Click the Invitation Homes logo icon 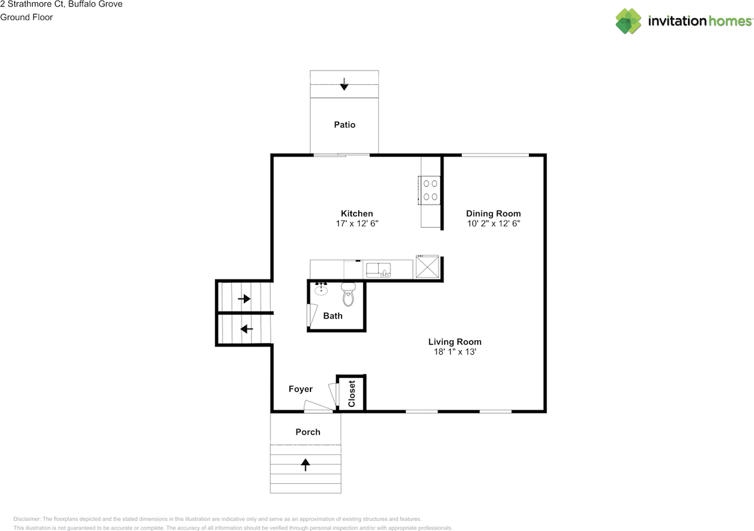tap(629, 21)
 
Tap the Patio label tap(345, 125)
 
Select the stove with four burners tap(430, 190)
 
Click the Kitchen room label tap(356, 214)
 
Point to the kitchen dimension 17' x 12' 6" tap(356, 224)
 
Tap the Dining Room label tap(493, 214)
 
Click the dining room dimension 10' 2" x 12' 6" tap(493, 224)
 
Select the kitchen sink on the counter tap(379, 270)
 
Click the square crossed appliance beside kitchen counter tap(427, 267)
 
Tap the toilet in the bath tap(349, 295)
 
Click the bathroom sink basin tap(321, 290)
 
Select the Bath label tap(333, 316)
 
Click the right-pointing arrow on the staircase tap(244, 299)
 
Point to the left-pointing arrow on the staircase tap(247, 329)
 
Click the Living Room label tap(454, 342)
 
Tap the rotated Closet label tap(352, 393)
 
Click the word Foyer tap(300, 389)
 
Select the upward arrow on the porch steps tap(305, 465)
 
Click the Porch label tap(307, 432)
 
